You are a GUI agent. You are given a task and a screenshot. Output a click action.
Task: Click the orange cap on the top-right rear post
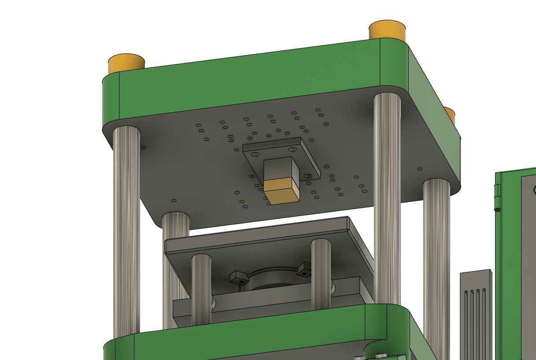pyautogui.click(x=387, y=30)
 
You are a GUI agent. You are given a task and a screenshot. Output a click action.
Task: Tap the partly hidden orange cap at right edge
pyautogui.click(x=450, y=115)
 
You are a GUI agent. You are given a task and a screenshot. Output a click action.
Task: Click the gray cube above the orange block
pyautogui.click(x=281, y=169)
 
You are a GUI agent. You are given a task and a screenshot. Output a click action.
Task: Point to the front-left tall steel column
pyautogui.click(x=126, y=229)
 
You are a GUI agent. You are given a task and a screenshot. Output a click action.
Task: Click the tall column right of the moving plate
pyautogui.click(x=387, y=198)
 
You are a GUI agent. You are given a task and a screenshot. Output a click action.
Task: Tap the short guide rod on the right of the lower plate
pyautogui.click(x=321, y=273)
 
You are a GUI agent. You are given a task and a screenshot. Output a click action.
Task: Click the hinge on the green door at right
pyautogui.click(x=498, y=191)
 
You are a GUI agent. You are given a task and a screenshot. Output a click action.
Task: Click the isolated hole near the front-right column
pyautogui.click(x=419, y=169)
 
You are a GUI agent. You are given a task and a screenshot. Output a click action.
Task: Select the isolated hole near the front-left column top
pyautogui.click(x=143, y=147)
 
